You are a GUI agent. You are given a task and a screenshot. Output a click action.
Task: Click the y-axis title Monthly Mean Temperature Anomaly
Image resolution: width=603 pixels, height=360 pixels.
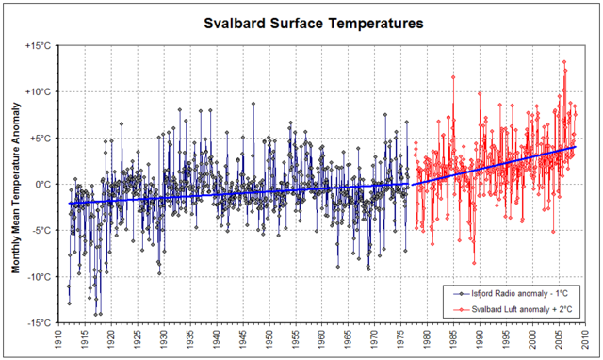click(17, 184)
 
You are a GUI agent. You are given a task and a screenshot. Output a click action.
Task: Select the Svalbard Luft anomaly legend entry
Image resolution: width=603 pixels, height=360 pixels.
click(516, 308)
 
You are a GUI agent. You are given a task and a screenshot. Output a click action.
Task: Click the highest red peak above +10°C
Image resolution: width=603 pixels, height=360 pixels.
click(564, 62)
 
